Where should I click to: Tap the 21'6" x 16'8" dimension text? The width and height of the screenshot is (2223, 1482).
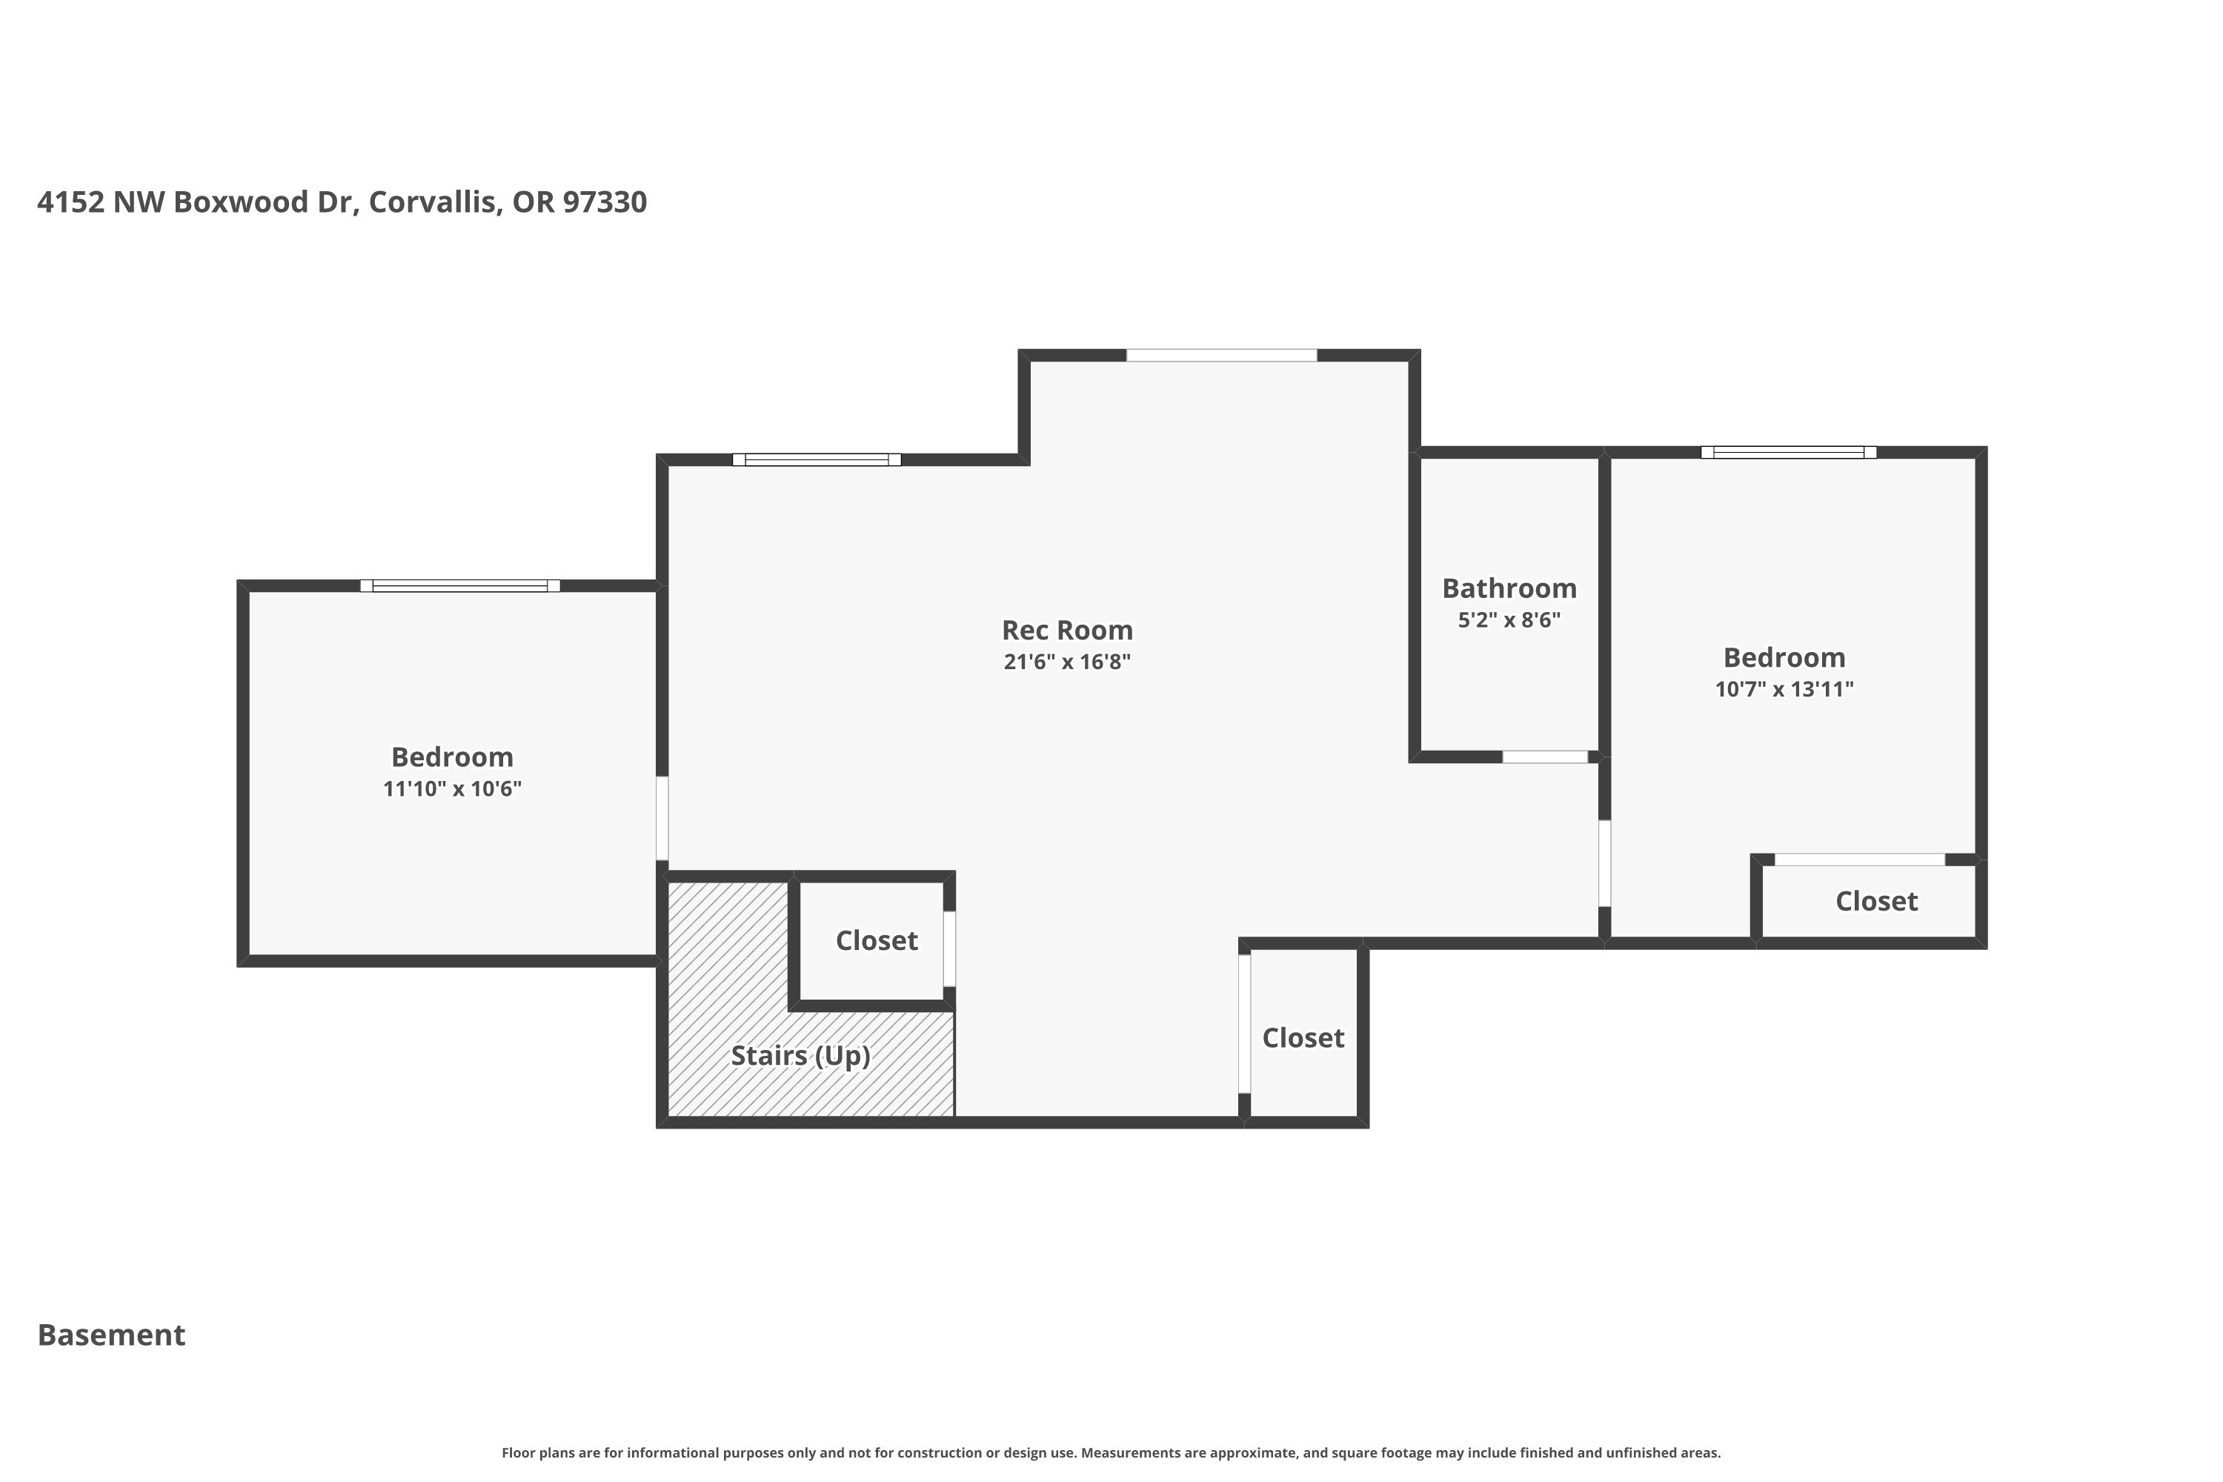point(1067,662)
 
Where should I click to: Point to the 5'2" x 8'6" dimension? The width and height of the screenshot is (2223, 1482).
point(1509,620)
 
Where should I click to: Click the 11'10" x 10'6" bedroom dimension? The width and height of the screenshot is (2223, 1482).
point(452,788)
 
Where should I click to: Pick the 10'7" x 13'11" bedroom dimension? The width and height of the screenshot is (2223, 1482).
point(1784,689)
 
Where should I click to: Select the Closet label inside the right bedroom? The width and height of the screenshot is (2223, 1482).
point(1877,901)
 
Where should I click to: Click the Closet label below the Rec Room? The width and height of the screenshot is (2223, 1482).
point(1303,1038)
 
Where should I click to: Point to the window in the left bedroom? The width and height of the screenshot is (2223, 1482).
point(460,586)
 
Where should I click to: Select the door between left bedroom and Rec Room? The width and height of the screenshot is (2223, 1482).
point(662,819)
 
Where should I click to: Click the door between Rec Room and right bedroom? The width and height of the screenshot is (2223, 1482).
point(1605,863)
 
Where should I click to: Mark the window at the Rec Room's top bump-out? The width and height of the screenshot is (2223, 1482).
point(1221,356)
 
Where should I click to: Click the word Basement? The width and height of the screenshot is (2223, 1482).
point(112,1335)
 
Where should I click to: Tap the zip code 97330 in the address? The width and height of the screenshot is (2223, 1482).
point(605,202)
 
